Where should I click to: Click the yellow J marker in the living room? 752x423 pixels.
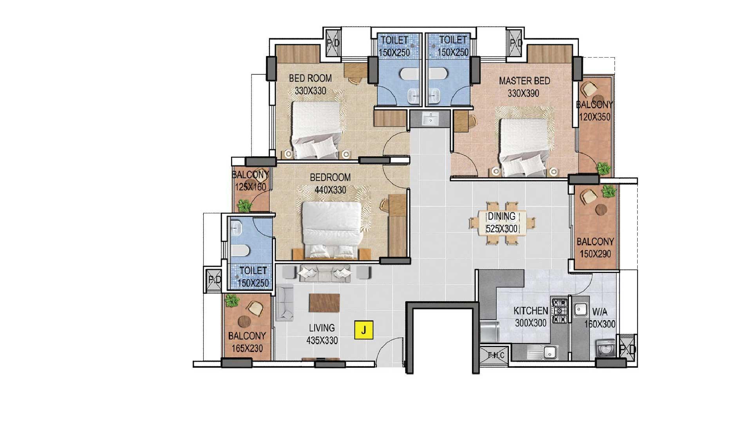point(364,330)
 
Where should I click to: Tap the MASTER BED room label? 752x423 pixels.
point(524,81)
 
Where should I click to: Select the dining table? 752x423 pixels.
point(503,223)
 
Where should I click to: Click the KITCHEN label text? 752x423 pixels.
point(531,311)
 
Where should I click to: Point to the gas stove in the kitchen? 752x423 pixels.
point(559,311)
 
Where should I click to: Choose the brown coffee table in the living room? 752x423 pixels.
point(324,303)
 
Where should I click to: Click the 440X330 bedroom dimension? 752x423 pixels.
point(330,190)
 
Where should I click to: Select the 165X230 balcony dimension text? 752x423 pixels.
point(247,348)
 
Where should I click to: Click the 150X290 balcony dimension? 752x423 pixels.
point(595,254)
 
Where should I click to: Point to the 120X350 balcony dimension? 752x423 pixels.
point(595,117)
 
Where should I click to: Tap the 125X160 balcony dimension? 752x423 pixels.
point(251,186)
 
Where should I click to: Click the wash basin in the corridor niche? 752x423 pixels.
point(430,119)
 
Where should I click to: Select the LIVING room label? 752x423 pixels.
point(322,327)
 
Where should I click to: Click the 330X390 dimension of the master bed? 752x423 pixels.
point(523,94)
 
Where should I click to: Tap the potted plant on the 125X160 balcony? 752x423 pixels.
point(244,205)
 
